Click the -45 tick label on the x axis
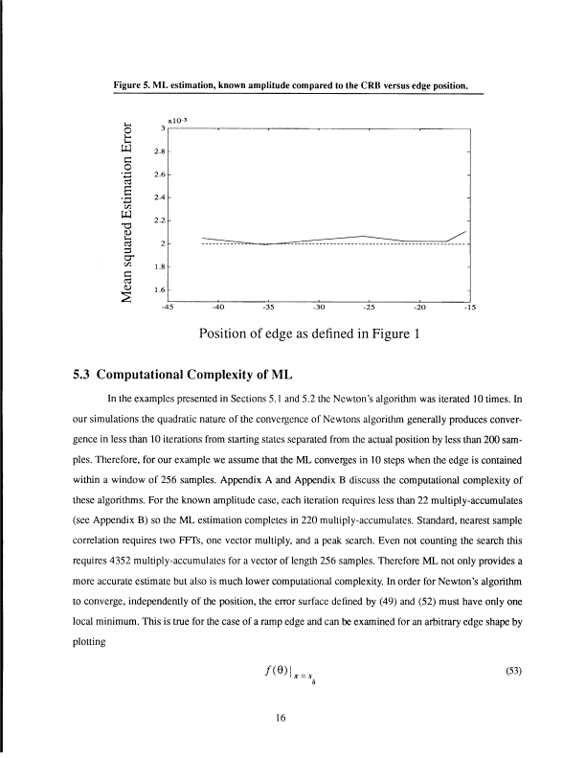(169, 308)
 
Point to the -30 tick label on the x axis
(318, 308)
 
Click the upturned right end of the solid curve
(466, 232)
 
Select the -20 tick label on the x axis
(418, 308)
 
